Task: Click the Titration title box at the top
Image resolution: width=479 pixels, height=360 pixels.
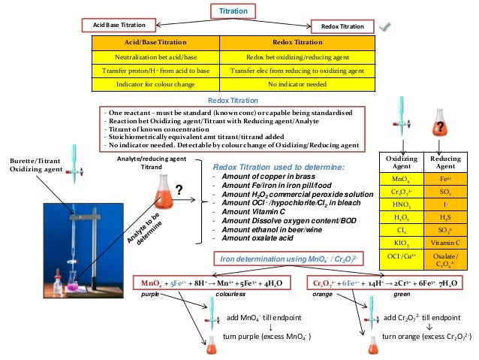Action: pyautogui.click(x=233, y=11)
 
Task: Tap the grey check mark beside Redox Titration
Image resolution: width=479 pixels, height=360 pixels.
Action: pyautogui.click(x=385, y=27)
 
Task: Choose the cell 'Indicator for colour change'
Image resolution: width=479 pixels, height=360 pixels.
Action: pyautogui.click(x=155, y=83)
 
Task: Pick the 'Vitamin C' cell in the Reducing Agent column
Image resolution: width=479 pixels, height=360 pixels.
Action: pyautogui.click(x=445, y=244)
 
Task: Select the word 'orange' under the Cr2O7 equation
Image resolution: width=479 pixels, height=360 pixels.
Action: pyautogui.click(x=324, y=296)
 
